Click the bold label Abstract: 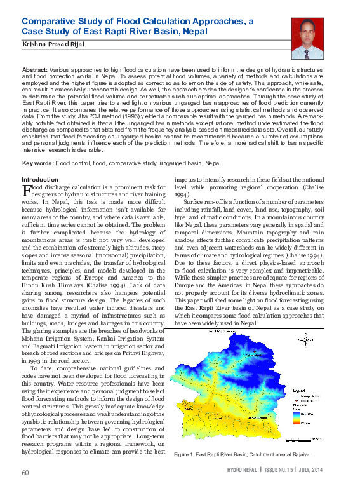click(34, 68)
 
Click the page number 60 click(25, 473)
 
